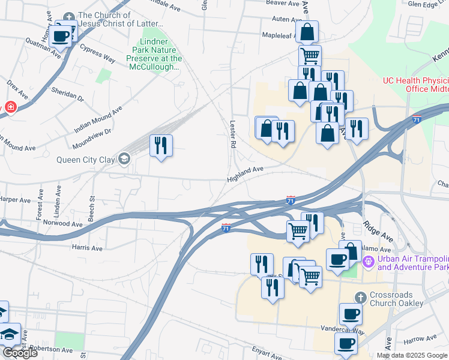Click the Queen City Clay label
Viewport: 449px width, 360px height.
[86, 160]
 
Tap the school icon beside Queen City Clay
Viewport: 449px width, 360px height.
[124, 159]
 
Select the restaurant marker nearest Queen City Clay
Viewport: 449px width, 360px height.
[160, 146]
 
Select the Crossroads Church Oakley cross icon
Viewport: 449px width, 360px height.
[360, 298]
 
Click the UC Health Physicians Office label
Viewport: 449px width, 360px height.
[417, 85]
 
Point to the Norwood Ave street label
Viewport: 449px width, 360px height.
[63, 223]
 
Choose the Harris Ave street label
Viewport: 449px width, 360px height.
[87, 248]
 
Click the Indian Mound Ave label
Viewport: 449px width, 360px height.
[98, 119]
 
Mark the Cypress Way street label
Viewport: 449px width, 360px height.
[97, 55]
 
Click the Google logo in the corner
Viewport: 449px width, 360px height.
[20, 352]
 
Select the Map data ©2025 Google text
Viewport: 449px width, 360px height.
[412, 355]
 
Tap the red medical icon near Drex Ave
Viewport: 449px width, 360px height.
[10, 107]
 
